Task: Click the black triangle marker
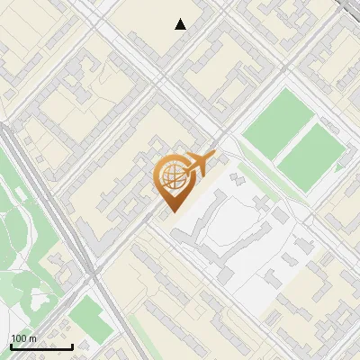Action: pyautogui.click(x=181, y=24)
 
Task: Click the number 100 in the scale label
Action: pyautogui.click(x=19, y=337)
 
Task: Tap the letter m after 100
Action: pyautogui.click(x=33, y=337)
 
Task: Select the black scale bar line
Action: pyautogui.click(x=41, y=346)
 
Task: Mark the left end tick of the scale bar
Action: pyautogui.click(x=11, y=345)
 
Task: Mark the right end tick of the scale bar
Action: pyautogui.click(x=72, y=345)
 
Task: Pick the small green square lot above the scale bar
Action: pyautogui.click(x=88, y=316)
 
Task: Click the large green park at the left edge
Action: pyautogui.click(x=22, y=225)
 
